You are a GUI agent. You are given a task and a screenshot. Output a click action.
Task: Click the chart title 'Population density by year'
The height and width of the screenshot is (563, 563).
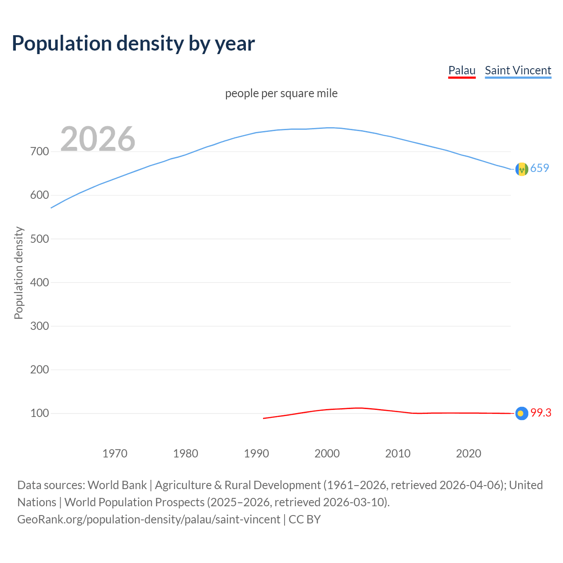(133, 44)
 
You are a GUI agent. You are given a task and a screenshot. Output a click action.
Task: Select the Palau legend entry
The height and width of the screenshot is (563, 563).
(462, 70)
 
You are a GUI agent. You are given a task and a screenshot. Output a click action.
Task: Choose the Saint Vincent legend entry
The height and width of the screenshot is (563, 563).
(518, 70)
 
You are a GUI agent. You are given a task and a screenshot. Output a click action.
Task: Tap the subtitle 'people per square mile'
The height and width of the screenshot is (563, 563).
(281, 93)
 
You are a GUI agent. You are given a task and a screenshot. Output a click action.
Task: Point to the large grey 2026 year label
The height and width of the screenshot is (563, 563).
(98, 139)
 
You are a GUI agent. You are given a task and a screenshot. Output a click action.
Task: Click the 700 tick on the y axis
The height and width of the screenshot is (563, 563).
(40, 151)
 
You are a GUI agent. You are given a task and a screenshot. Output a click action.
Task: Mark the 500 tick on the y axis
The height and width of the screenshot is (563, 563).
(40, 239)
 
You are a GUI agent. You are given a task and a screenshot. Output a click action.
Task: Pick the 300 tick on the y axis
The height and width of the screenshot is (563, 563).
(40, 326)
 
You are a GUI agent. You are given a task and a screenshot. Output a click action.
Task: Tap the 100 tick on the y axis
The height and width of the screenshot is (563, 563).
(40, 413)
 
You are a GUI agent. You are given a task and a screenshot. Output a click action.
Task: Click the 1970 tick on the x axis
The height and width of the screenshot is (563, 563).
(115, 453)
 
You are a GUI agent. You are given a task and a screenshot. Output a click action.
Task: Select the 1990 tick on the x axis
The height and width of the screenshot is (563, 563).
(256, 453)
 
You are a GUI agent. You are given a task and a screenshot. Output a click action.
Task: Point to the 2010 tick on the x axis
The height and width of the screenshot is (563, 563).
(398, 453)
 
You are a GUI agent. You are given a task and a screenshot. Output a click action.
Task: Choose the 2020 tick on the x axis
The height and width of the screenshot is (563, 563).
(468, 453)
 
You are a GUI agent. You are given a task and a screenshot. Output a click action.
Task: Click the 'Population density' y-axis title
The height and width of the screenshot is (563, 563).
(18, 273)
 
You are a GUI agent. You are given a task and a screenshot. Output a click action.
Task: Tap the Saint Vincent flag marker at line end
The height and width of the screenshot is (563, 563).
(522, 169)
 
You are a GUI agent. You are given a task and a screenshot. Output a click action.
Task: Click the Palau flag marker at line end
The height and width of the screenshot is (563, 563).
(521, 413)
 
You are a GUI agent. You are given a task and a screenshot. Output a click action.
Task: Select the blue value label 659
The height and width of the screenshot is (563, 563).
(540, 168)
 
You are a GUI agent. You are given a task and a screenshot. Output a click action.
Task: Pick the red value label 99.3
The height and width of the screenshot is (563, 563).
(541, 413)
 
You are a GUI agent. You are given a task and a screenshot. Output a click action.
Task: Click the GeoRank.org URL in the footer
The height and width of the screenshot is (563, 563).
(149, 519)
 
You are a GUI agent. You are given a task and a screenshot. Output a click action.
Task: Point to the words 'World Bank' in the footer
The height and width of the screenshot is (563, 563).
(117, 485)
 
